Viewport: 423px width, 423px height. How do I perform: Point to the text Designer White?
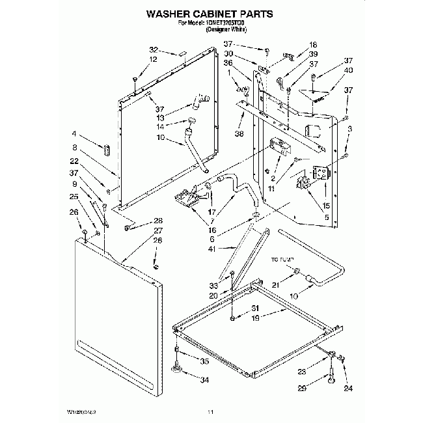[x=226, y=31]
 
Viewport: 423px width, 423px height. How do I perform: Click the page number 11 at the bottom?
[x=210, y=411]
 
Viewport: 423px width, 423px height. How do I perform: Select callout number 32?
[x=154, y=50]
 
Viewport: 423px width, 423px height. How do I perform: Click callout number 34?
[x=205, y=380]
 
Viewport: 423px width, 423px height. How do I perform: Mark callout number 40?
[x=349, y=70]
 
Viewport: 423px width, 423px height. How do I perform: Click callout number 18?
[x=313, y=44]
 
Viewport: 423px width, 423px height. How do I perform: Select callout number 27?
[x=158, y=230]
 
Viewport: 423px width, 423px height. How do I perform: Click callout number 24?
[x=348, y=389]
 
